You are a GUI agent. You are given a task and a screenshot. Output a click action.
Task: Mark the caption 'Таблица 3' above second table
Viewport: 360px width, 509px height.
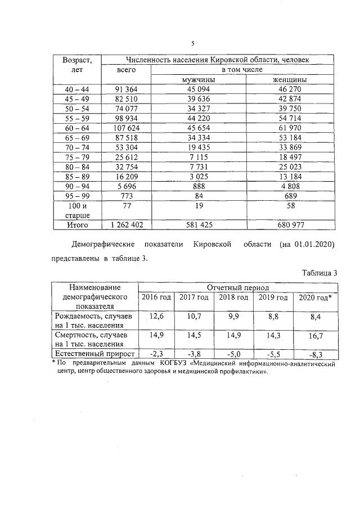(x=319, y=272)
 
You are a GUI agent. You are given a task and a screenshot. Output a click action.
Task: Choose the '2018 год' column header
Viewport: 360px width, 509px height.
(x=233, y=297)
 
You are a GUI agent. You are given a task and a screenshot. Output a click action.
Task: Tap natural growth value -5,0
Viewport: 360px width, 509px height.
(x=233, y=354)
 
